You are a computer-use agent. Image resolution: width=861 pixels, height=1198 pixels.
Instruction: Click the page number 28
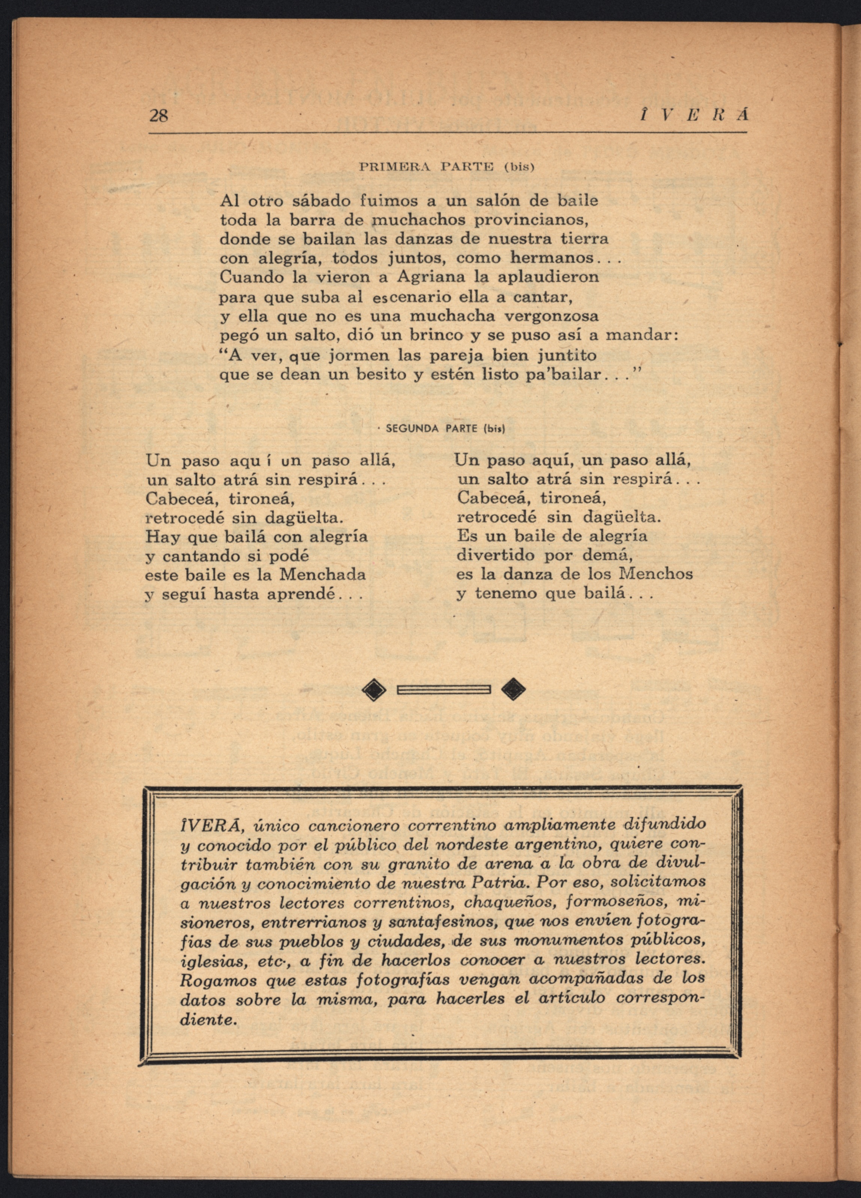(158, 116)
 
